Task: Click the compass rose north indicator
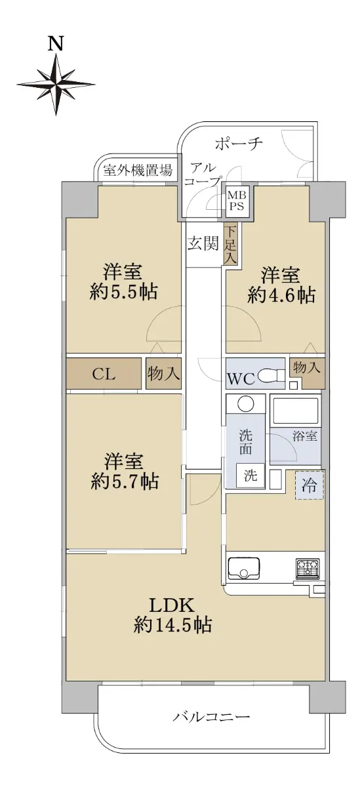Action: point(56,85)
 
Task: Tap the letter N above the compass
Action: point(56,45)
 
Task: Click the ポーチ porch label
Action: point(239,144)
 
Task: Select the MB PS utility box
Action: point(237,200)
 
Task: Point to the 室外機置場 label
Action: point(138,171)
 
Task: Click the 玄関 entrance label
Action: point(203,243)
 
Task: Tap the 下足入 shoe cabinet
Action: point(231,245)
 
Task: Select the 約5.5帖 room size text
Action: point(123,291)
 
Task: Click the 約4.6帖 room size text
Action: point(281,294)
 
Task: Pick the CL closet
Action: point(104,373)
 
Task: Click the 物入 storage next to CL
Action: point(164,373)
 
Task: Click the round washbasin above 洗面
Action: point(245,404)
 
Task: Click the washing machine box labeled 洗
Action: point(250,475)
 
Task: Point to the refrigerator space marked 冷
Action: point(310,485)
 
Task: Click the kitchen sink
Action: point(243,569)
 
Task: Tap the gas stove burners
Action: point(308,569)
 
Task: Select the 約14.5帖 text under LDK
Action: point(172,625)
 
